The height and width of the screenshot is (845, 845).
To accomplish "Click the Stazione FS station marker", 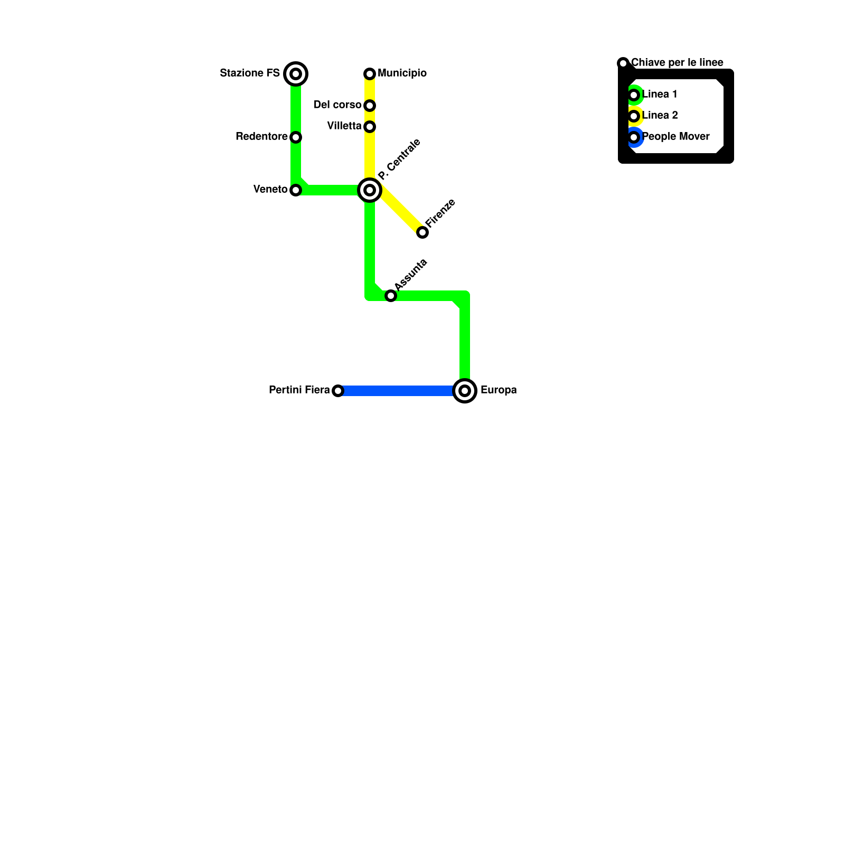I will (x=296, y=73).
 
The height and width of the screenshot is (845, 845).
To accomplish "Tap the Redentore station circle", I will (x=296, y=137).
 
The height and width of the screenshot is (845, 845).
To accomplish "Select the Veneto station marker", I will (x=296, y=190).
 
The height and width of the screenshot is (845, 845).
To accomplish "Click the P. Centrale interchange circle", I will (x=370, y=190).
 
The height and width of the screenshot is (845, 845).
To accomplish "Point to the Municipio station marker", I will (x=370, y=73).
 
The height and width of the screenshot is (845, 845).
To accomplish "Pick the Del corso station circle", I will (x=370, y=106).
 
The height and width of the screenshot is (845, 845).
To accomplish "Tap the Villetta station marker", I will (x=370, y=127).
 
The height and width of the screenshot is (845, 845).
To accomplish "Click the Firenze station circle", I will (x=422, y=232).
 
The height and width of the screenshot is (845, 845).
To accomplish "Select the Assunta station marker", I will (x=391, y=296).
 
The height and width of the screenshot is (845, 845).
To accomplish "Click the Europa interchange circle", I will (x=465, y=391).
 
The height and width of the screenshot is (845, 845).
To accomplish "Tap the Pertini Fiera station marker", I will (x=338, y=391).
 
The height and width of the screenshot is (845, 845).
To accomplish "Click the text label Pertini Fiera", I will (x=299, y=390).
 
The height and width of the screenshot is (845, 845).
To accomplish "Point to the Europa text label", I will (x=498, y=390).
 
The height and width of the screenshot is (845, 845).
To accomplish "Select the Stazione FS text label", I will (x=249, y=73).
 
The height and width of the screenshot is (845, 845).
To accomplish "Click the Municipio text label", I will (x=402, y=73).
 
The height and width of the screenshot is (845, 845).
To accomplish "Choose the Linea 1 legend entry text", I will (x=660, y=95).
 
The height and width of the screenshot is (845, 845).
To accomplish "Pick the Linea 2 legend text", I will (x=660, y=116).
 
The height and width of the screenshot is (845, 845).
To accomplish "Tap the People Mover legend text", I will (x=675, y=137).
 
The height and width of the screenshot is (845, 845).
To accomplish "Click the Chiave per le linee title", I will (x=677, y=63).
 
